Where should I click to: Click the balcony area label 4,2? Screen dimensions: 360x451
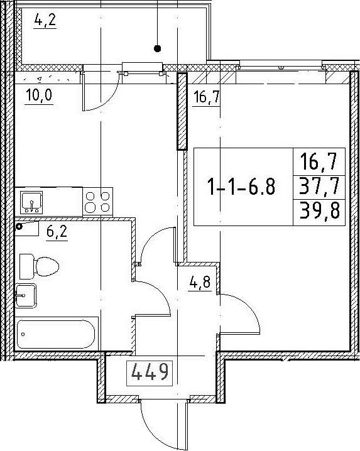click(45, 20)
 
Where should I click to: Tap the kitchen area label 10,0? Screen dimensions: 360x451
click(39, 95)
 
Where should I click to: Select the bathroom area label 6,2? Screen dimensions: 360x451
click(57, 231)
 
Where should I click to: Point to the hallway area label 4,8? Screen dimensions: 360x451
click(200, 283)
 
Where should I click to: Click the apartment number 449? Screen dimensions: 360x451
click(150, 372)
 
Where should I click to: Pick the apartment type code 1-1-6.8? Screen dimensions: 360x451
click(241, 187)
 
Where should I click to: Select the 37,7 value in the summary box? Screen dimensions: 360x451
click(319, 187)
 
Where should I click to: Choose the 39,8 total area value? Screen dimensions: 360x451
click(319, 211)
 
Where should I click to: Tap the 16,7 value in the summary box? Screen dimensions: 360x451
click(319, 161)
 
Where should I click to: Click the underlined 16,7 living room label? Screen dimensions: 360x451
click(207, 97)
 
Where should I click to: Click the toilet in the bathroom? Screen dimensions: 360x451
click(39, 266)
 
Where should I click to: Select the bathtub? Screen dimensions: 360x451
click(57, 334)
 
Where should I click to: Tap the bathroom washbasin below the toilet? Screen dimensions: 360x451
click(26, 295)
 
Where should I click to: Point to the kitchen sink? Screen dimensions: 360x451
click(31, 202)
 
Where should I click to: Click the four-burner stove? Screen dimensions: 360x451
click(98, 202)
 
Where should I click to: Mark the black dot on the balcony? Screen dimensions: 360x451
click(157, 48)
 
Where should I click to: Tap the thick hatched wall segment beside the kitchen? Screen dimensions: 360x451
click(182, 111)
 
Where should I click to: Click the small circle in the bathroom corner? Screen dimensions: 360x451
click(19, 226)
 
